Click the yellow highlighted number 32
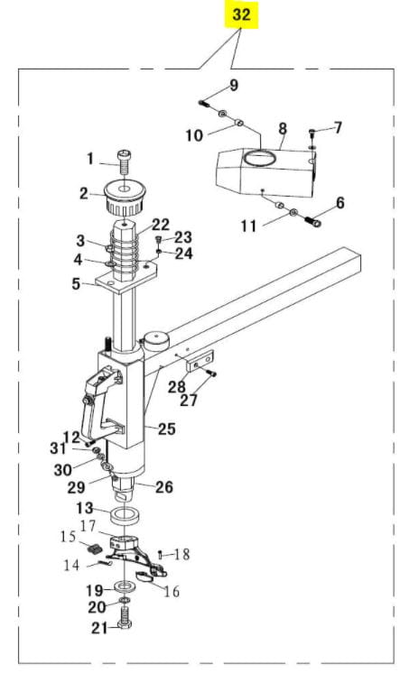pyautogui.click(x=241, y=14)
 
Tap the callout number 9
pyautogui.click(x=234, y=85)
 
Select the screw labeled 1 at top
pyautogui.click(x=125, y=161)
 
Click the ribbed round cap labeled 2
pyautogui.click(x=125, y=198)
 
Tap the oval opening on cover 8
pyautogui.click(x=260, y=157)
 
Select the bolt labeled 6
pyautogui.click(x=313, y=221)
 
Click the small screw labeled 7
pyautogui.click(x=312, y=134)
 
